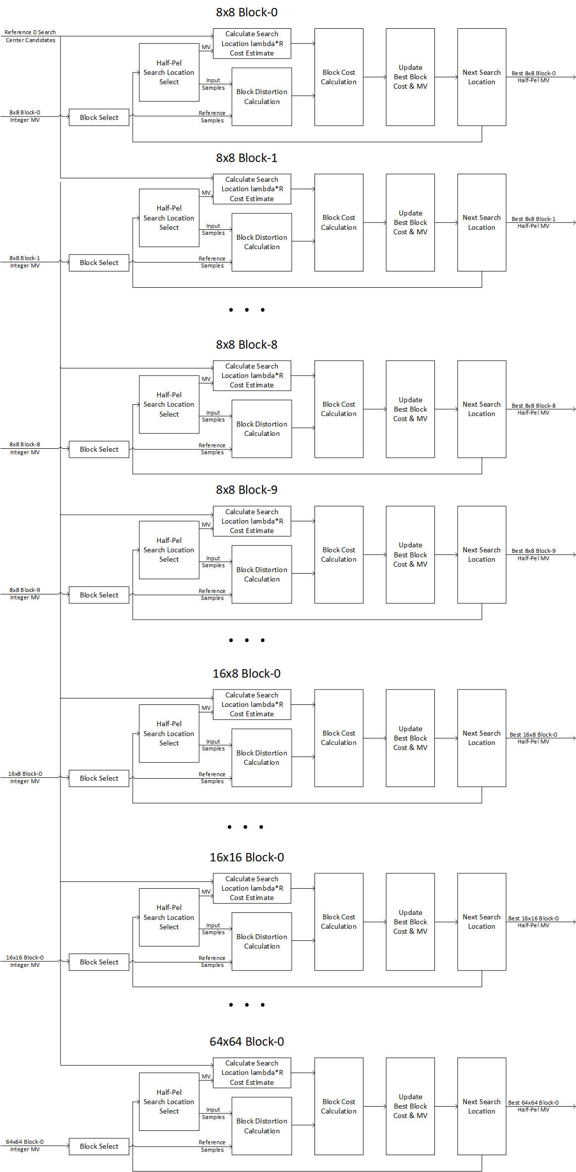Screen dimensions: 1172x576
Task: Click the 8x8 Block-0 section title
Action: point(247,12)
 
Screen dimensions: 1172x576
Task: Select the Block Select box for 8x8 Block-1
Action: point(99,263)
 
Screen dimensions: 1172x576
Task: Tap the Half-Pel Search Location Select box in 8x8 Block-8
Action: point(169,404)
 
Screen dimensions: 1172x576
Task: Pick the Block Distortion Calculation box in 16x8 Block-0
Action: point(262,757)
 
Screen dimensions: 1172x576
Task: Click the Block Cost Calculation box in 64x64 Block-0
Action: point(339,1106)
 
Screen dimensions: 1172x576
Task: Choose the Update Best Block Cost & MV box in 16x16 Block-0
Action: point(410,921)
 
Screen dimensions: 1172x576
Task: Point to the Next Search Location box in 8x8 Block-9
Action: point(481,554)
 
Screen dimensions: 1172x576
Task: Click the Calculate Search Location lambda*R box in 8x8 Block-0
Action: point(252,44)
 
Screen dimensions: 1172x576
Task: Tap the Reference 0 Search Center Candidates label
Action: point(30,36)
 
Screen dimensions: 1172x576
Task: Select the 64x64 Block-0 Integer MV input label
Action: point(25,1145)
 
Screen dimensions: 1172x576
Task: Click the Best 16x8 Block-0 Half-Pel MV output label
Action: point(533,738)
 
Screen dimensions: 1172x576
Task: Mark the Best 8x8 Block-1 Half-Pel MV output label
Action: point(533,222)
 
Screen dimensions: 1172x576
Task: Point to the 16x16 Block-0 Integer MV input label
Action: point(25,961)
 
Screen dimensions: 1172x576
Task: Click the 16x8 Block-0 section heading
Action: point(247,674)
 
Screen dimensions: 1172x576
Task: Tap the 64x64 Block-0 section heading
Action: point(247,1041)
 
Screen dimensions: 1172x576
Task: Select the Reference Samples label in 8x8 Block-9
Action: point(212,594)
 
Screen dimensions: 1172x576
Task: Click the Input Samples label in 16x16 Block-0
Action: point(213,929)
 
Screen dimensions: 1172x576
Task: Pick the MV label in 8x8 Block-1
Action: point(206,193)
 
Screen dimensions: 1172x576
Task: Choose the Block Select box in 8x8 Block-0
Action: point(99,117)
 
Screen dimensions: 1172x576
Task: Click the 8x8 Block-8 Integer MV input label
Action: point(25,448)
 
